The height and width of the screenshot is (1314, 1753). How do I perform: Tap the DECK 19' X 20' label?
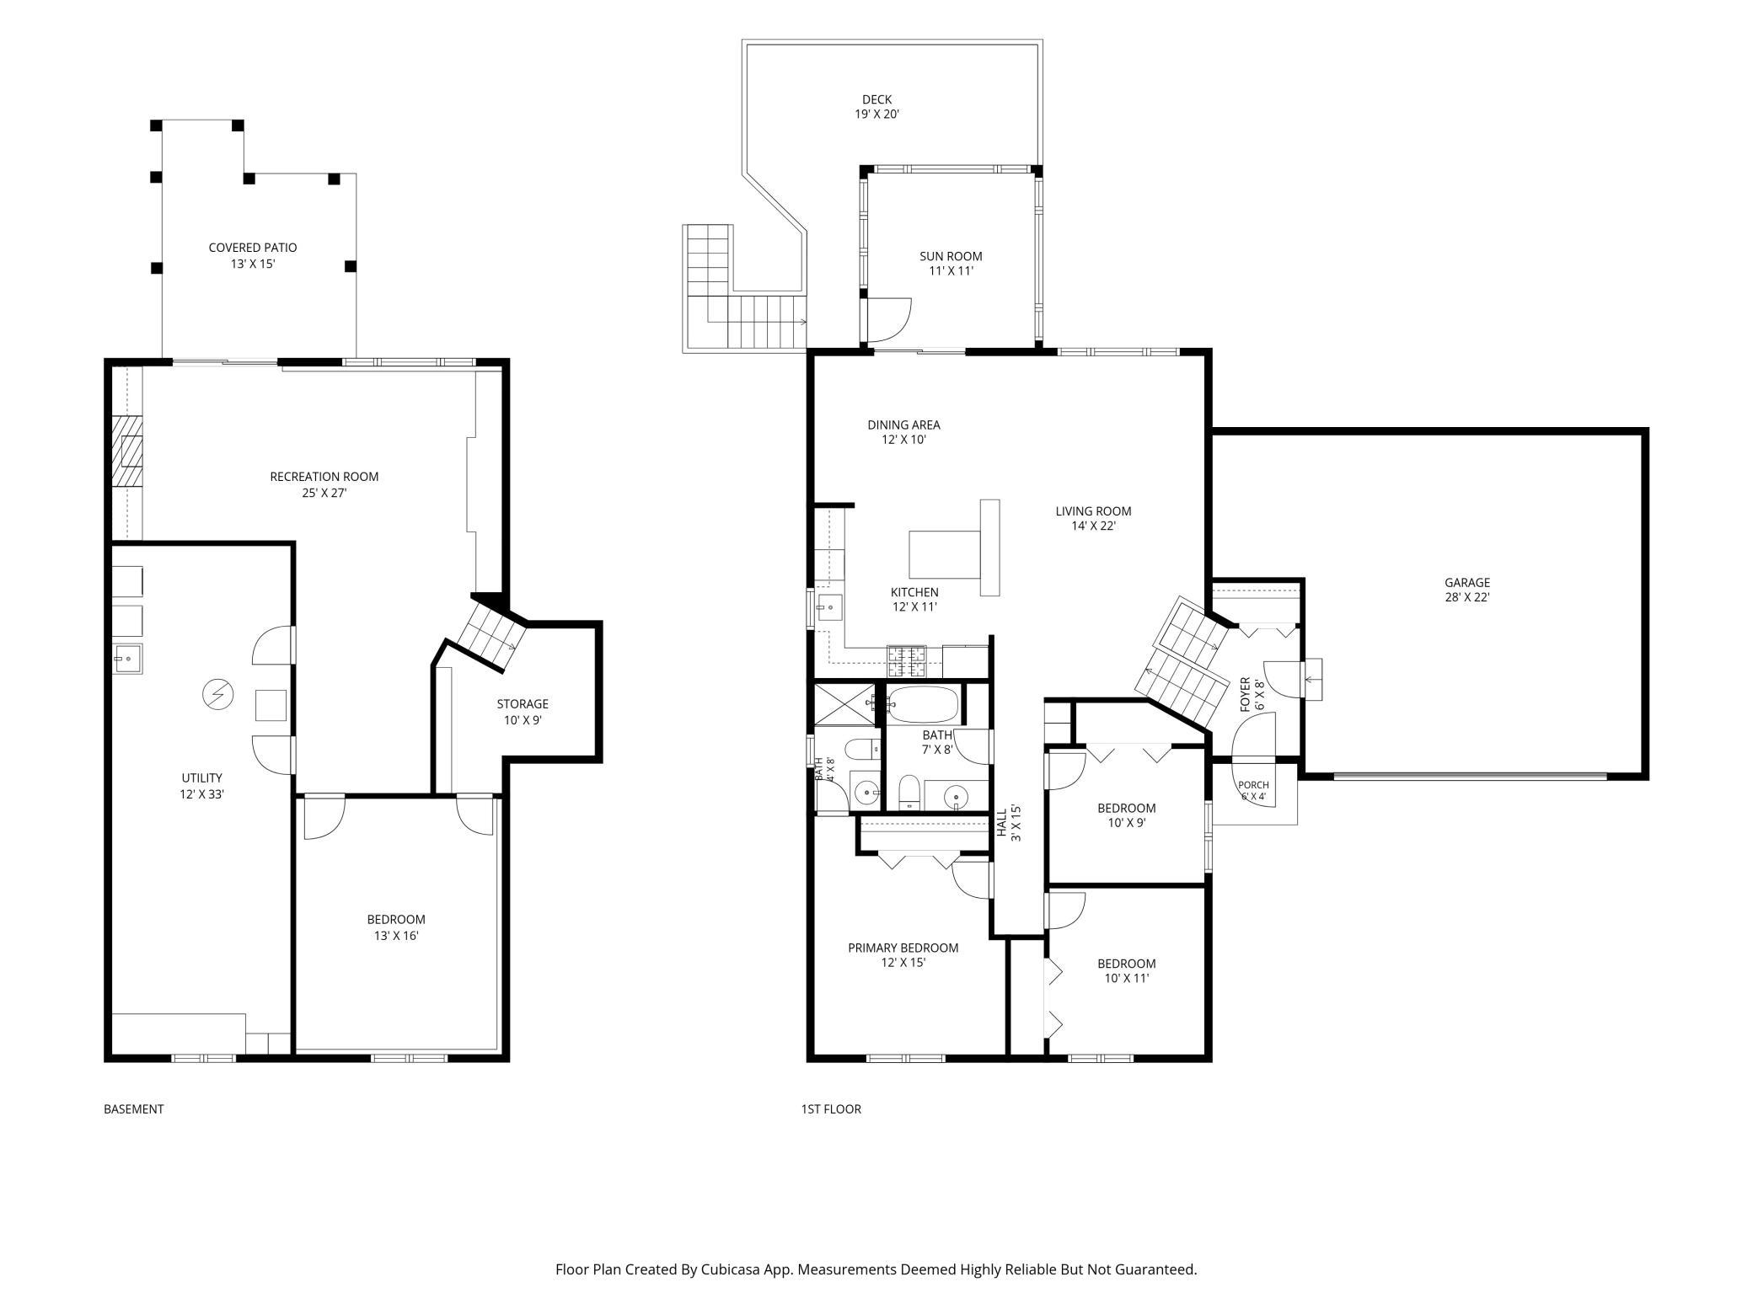click(876, 106)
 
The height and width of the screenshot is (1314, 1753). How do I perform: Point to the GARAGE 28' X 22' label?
click(1467, 590)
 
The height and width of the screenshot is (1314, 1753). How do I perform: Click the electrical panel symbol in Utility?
click(217, 695)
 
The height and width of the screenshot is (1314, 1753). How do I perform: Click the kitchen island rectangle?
click(945, 553)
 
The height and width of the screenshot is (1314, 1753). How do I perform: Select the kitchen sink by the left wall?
click(830, 606)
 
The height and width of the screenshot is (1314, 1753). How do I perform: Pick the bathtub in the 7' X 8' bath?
click(923, 704)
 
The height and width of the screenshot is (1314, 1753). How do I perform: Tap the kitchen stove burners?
click(906, 660)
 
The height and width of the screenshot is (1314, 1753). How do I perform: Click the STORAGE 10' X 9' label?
click(523, 712)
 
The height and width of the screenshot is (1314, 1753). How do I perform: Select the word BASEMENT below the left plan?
click(133, 1109)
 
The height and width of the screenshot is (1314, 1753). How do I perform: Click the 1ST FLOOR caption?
click(831, 1109)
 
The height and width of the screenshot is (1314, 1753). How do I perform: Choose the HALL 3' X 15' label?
click(1009, 824)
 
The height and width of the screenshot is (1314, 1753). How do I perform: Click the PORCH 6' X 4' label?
click(1253, 790)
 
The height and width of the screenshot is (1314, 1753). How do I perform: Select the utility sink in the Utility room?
click(128, 658)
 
